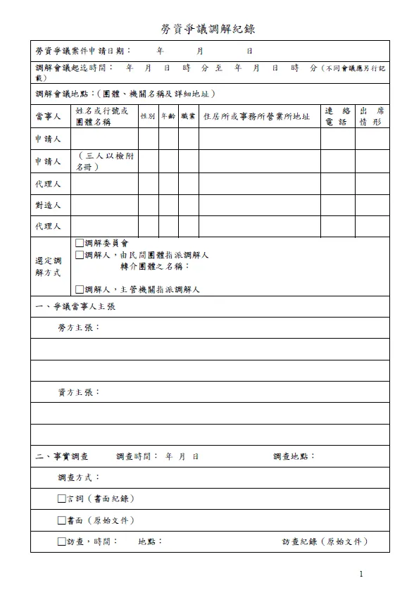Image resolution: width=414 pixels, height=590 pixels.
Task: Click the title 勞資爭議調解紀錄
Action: (x=207, y=29)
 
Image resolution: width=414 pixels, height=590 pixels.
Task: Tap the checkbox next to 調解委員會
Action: (x=80, y=244)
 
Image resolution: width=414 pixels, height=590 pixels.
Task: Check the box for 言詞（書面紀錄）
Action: (x=62, y=499)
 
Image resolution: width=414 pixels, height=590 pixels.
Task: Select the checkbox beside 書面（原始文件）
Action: (x=62, y=521)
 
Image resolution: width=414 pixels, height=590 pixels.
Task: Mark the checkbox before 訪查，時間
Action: (x=62, y=542)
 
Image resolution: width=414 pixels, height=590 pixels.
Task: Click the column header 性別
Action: (x=148, y=117)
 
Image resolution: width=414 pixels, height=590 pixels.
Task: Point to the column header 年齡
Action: (x=168, y=117)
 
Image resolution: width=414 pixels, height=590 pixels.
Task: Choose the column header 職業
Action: (x=188, y=117)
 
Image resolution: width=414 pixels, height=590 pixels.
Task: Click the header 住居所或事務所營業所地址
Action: (x=256, y=117)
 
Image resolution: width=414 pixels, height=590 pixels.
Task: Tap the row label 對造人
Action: (x=49, y=206)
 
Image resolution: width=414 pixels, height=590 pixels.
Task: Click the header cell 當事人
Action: (x=49, y=117)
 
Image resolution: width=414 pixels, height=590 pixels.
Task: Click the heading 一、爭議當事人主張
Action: (x=75, y=307)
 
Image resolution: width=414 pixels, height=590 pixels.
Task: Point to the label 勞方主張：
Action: (x=79, y=328)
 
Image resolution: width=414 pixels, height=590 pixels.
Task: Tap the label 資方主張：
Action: (x=79, y=392)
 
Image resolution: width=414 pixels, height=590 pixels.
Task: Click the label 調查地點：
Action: (x=294, y=456)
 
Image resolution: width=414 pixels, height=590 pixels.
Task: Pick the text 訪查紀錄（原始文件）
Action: (x=325, y=542)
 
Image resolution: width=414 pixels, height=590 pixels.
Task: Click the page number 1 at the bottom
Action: (x=361, y=575)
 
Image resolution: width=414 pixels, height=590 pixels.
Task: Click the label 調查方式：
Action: (x=79, y=477)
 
